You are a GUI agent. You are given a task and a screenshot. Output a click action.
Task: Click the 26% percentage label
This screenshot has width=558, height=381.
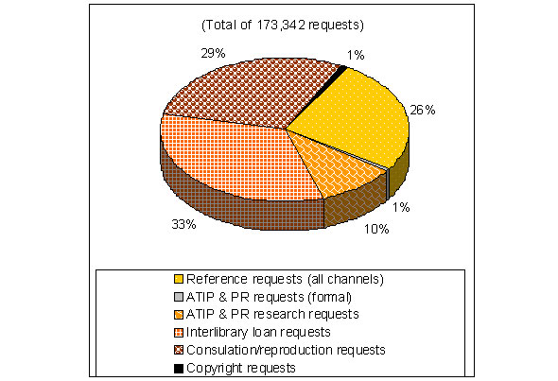pos(422,110)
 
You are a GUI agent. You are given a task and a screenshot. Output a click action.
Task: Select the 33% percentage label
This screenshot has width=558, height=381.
pos(184,224)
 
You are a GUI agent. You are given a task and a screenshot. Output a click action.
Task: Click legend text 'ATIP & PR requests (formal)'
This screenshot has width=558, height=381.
pos(265,297)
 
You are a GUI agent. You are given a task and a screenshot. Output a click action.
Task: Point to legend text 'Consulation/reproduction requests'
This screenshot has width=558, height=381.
pos(287,350)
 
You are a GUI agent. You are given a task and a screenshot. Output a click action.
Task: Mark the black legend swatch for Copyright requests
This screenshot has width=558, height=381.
pos(178,367)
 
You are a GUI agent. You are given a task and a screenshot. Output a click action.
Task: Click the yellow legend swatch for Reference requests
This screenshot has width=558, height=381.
pos(178,279)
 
